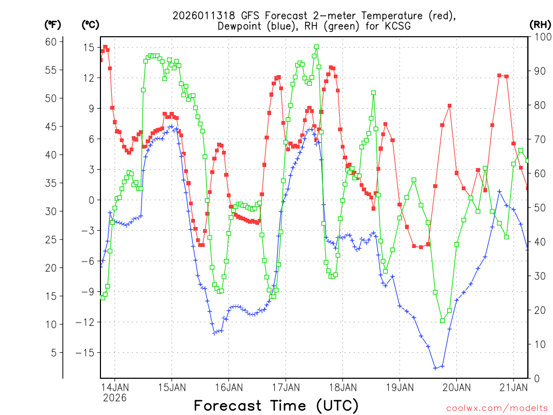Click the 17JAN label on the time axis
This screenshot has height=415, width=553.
tap(285, 387)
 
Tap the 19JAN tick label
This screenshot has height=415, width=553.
tap(399, 387)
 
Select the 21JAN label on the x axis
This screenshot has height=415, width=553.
tap(513, 387)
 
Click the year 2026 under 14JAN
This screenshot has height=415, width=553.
tap(114, 398)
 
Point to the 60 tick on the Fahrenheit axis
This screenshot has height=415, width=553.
tap(51, 42)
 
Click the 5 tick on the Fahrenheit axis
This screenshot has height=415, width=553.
tap(53, 353)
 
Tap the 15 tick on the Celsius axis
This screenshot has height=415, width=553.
tap(88, 48)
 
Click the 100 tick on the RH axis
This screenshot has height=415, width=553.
tap(541, 37)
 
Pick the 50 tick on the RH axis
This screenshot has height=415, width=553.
tap(538, 208)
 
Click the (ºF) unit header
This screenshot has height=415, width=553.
tap(53, 24)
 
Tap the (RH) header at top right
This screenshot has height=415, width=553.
tap(540, 24)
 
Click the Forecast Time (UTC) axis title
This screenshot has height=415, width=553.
tap(276, 405)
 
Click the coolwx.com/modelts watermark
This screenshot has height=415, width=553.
tap(496, 407)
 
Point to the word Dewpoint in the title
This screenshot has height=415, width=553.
tap(242, 26)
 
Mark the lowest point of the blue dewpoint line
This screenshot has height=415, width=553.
tap(435, 368)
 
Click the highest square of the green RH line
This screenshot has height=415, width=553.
tap(316, 47)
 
